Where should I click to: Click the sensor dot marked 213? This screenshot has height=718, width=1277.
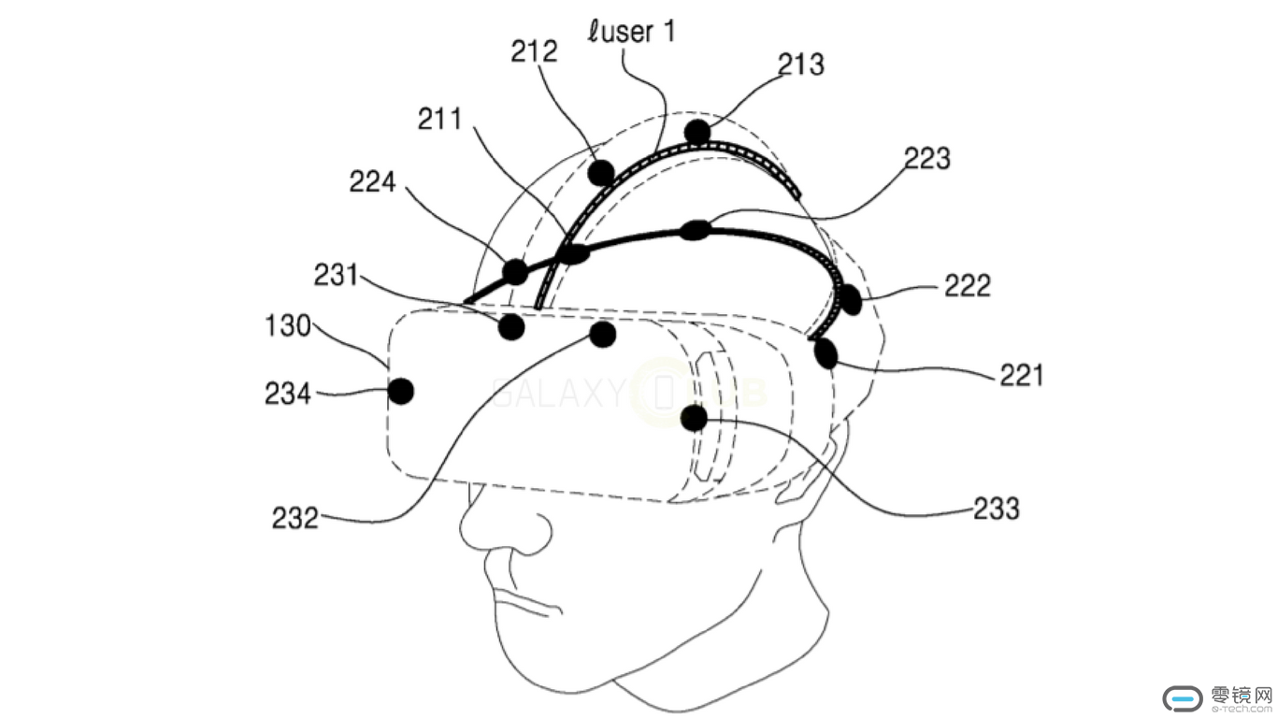click(x=696, y=132)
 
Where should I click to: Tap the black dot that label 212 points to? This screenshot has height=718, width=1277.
click(x=601, y=172)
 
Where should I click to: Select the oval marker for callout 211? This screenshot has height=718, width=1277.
click(x=572, y=253)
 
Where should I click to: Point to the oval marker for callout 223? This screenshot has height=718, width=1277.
click(x=696, y=230)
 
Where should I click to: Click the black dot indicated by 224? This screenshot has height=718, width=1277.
click(x=515, y=272)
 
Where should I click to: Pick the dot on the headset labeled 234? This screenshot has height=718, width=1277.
click(x=401, y=391)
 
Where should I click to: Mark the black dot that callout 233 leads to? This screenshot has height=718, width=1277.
click(x=694, y=418)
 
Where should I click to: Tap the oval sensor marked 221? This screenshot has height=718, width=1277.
click(x=825, y=353)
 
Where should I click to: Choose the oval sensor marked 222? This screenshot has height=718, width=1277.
click(x=850, y=299)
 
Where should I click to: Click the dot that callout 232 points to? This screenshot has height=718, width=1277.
click(x=603, y=334)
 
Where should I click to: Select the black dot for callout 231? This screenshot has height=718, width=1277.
click(x=511, y=327)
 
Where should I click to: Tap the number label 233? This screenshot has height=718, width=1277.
click(x=996, y=508)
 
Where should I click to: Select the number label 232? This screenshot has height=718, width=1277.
click(x=295, y=517)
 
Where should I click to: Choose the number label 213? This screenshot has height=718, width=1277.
click(x=801, y=64)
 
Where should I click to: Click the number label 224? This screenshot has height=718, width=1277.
click(x=373, y=182)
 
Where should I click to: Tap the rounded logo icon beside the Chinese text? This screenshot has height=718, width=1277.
click(x=1183, y=697)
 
